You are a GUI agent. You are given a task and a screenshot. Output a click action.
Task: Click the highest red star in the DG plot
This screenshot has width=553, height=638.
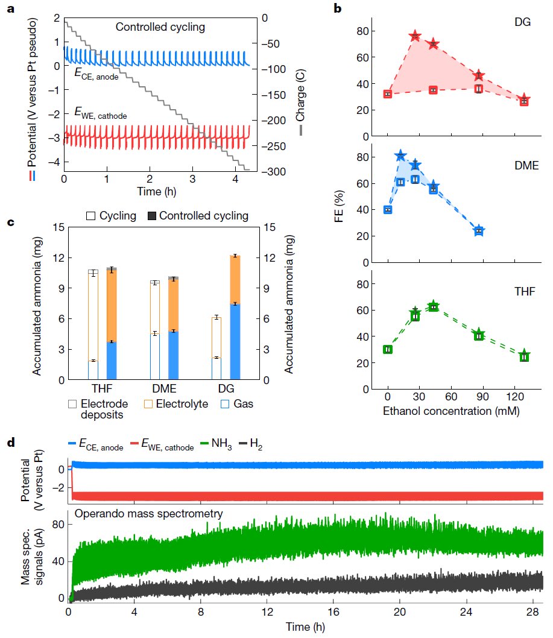pos(415,37)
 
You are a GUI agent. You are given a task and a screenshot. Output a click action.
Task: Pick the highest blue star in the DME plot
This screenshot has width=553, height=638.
pos(400,156)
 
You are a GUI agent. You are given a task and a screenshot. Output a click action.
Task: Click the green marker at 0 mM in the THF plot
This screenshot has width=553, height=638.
pos(388,349)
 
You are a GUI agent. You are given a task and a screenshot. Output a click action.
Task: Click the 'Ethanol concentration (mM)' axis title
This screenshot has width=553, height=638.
pos(451,412)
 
